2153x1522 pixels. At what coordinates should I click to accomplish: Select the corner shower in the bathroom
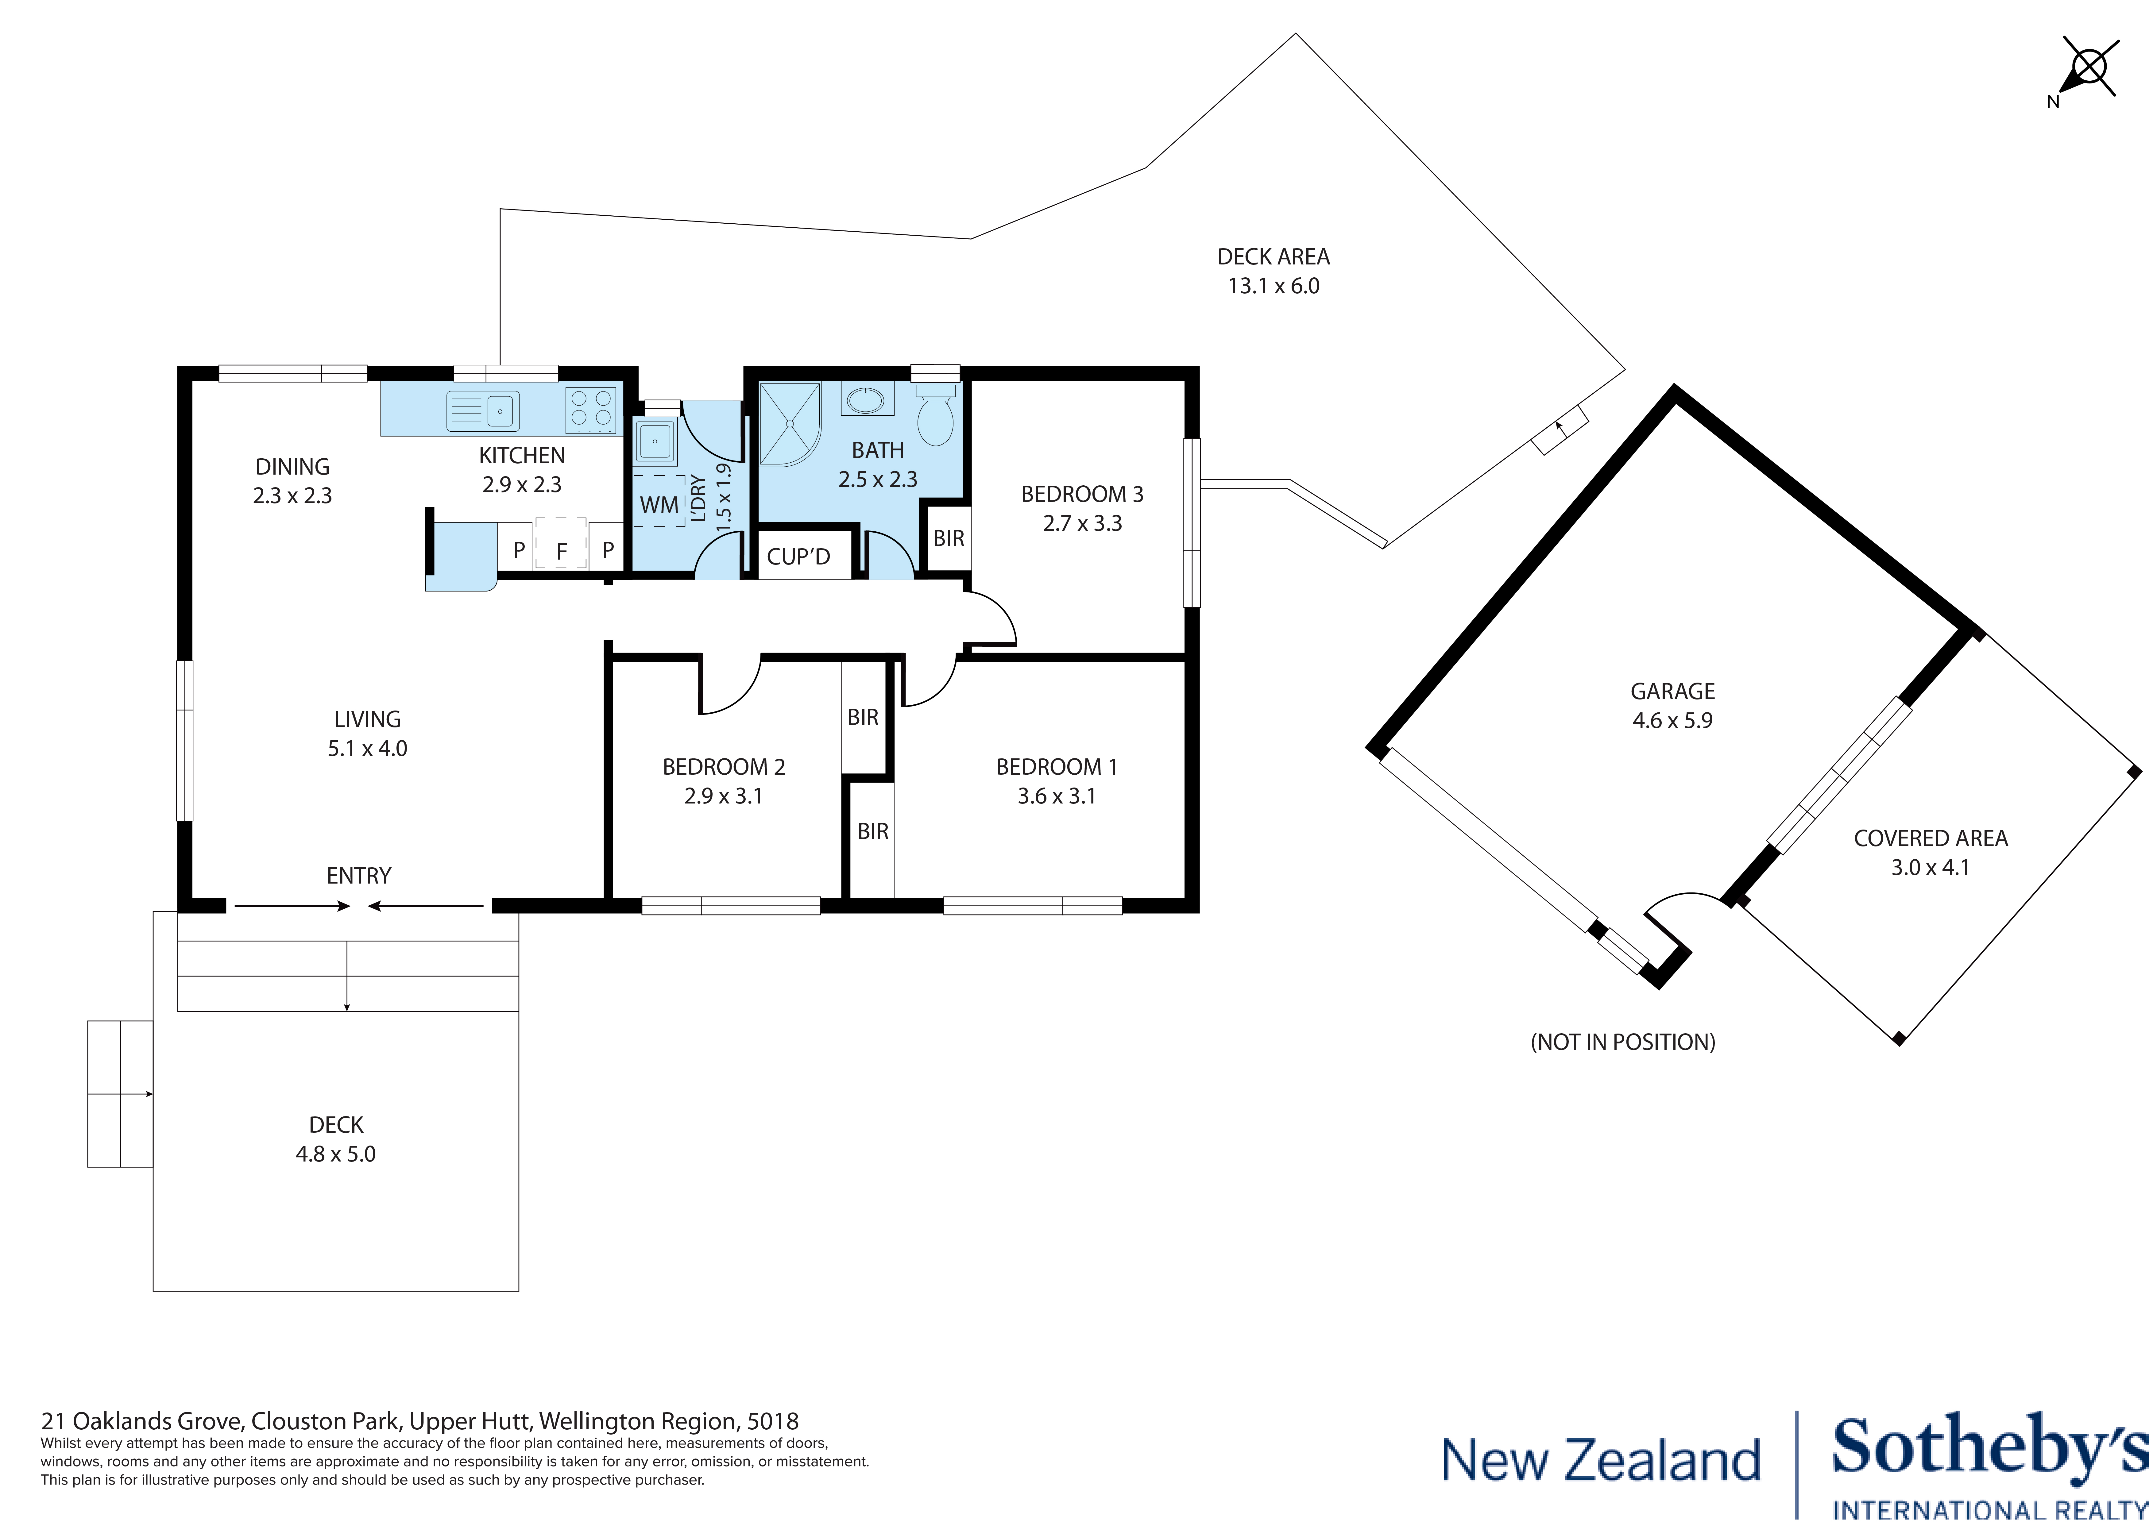point(788,424)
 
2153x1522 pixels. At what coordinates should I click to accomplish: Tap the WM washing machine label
point(659,504)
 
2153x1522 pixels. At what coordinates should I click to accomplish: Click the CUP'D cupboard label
point(798,557)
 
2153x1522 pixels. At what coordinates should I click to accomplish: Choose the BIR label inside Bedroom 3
point(948,538)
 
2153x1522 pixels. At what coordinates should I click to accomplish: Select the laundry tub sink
point(655,441)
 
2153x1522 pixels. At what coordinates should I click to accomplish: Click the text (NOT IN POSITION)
point(1622,1042)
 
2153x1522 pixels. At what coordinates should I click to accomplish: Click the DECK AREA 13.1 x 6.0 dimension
point(1274,286)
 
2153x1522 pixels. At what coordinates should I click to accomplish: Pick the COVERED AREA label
point(1930,838)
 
